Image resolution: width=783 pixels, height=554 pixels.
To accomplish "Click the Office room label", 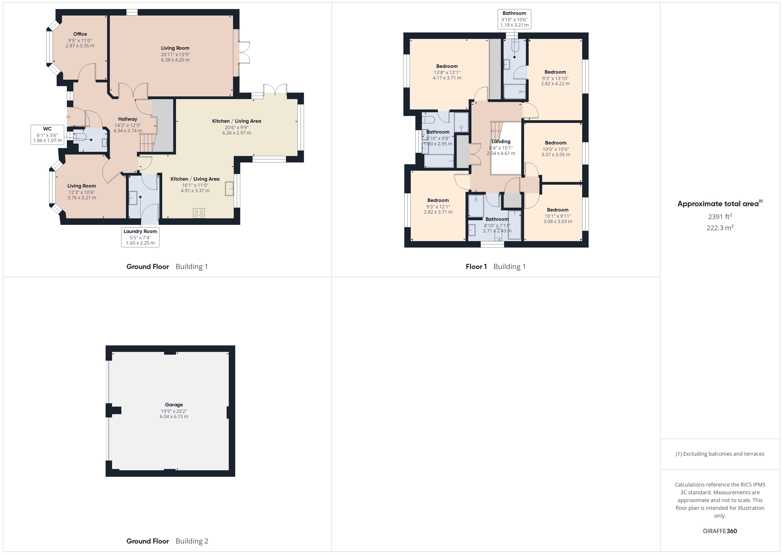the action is coord(80,34).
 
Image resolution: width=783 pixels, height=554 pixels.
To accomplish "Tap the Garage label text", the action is coord(174,405).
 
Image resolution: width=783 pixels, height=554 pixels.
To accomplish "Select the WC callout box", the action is coord(47,135).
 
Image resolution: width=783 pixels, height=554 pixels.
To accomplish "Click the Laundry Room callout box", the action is coord(140,237).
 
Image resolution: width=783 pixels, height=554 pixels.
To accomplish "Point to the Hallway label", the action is coord(128,119).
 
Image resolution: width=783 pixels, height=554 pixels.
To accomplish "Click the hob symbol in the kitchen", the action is coord(199,213).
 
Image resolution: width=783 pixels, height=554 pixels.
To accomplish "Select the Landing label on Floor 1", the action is coord(501,142).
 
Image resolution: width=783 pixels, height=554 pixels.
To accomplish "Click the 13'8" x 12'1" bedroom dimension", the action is coord(447,73).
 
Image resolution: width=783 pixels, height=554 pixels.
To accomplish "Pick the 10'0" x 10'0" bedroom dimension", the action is coord(556,149).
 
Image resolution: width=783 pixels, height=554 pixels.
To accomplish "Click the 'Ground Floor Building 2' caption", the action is coord(167,541).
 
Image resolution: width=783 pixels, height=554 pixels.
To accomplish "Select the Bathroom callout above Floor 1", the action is coord(514,19).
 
